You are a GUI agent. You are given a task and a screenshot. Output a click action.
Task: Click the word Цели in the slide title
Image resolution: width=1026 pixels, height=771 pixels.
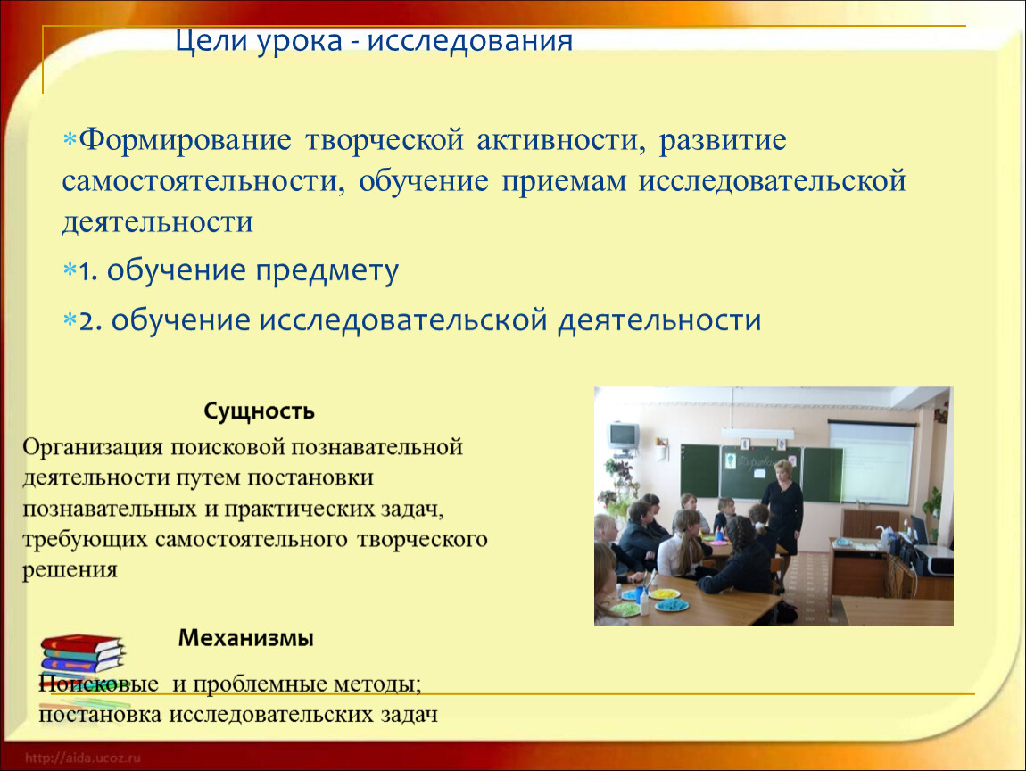click(211, 41)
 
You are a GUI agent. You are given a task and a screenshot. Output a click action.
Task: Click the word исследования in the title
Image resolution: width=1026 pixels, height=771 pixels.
click(470, 41)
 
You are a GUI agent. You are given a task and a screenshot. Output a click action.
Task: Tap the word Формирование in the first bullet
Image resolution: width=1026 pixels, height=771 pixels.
click(186, 141)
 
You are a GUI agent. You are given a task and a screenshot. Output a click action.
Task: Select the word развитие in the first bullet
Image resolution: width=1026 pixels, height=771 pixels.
click(723, 141)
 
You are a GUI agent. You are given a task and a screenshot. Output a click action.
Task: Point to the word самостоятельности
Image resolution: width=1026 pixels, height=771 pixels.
click(203, 181)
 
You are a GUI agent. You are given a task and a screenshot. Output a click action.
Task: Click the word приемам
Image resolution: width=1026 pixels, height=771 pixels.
click(563, 182)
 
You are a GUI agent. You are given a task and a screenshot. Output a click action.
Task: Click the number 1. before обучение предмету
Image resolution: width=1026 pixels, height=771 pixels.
click(88, 270)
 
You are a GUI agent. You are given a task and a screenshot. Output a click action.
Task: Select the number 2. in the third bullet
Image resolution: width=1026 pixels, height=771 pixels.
click(90, 321)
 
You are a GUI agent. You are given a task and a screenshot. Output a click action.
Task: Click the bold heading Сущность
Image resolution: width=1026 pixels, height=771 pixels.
click(259, 411)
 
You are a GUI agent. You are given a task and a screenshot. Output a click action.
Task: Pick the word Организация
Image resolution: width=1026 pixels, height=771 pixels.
click(93, 448)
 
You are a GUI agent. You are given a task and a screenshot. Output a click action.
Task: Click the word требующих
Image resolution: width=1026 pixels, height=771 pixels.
click(85, 540)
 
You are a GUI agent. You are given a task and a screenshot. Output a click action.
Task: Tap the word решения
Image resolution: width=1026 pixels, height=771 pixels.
click(70, 569)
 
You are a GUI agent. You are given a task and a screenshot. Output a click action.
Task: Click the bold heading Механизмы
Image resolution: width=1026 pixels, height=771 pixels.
click(246, 637)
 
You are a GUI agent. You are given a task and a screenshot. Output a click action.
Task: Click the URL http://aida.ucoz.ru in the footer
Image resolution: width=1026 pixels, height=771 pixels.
click(83, 758)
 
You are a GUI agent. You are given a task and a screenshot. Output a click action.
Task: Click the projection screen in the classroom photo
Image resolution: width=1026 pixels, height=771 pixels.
click(871, 463)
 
